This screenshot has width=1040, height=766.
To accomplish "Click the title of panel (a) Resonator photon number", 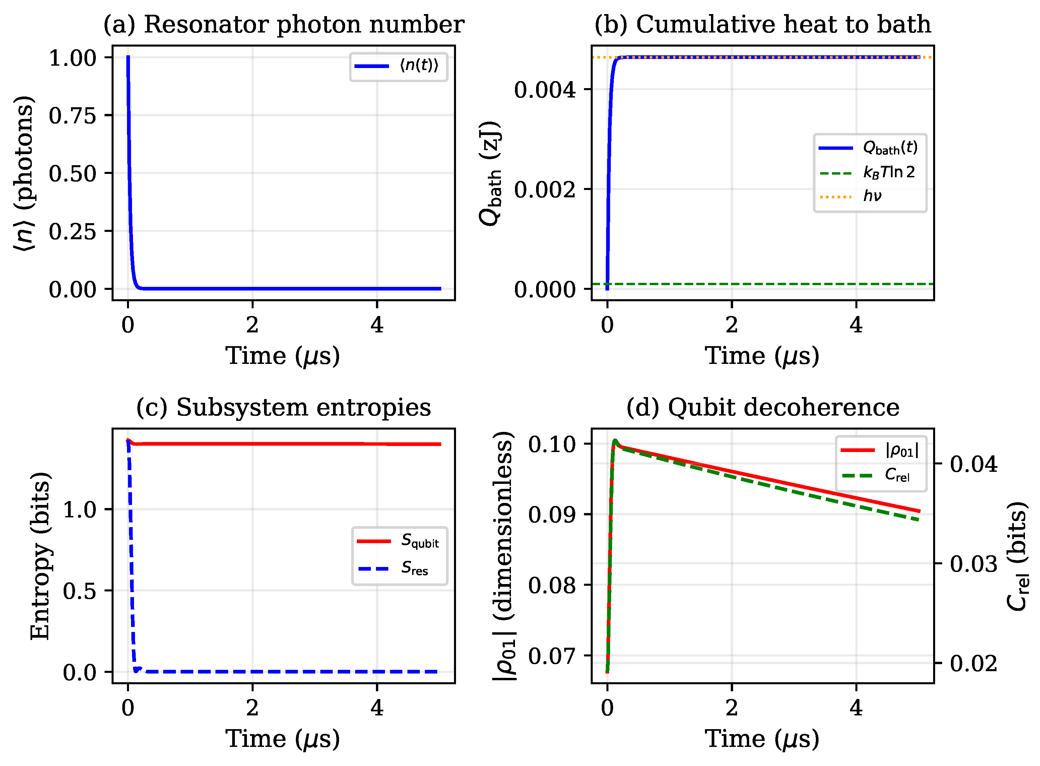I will (283, 24).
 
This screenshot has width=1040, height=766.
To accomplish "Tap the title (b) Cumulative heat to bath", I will (762, 24).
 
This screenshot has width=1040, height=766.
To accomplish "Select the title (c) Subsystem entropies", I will (283, 407).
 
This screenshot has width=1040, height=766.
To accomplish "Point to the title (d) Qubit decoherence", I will (762, 407).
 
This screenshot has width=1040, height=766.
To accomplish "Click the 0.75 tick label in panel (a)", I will (72, 116).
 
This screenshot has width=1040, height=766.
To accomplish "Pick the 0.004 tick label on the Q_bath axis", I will (544, 89).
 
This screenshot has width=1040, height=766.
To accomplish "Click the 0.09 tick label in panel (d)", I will (552, 515).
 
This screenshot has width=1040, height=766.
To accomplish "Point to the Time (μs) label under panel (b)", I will (762, 356).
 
